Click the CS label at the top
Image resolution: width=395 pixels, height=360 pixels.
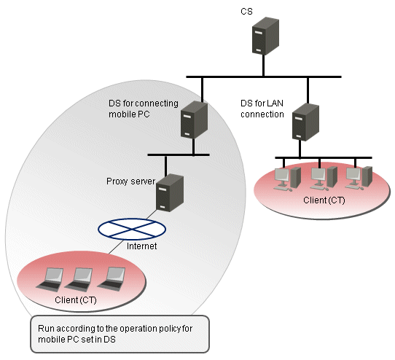click(246, 12)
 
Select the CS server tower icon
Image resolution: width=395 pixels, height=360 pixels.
click(265, 36)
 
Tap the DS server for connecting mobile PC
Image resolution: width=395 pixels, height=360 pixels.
click(195, 120)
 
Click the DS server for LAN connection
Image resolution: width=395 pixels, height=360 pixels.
click(305, 122)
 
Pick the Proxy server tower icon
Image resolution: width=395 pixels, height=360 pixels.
click(170, 192)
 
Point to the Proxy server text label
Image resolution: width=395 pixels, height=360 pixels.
click(130, 181)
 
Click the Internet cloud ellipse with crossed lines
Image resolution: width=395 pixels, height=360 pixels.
click(132, 229)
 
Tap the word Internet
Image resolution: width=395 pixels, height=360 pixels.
click(141, 246)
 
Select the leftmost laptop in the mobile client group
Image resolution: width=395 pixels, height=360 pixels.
click(50, 280)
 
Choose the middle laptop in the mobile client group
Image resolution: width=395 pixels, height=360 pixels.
click(79, 280)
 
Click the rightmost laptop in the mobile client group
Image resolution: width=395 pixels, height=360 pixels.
click(112, 278)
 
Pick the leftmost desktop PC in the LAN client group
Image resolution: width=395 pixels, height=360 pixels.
click(287, 179)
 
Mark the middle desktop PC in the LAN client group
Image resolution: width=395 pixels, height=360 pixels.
click(324, 179)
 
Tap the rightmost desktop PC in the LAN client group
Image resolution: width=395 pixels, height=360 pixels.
click(359, 179)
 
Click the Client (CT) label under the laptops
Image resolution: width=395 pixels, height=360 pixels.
click(76, 300)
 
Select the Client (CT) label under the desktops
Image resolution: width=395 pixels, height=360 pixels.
click(324, 200)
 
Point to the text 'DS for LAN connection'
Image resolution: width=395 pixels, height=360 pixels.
click(262, 109)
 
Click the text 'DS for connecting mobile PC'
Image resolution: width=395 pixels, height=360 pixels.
click(144, 109)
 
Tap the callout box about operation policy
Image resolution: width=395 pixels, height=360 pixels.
click(120, 334)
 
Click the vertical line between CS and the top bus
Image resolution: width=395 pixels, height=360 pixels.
click(264, 65)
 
